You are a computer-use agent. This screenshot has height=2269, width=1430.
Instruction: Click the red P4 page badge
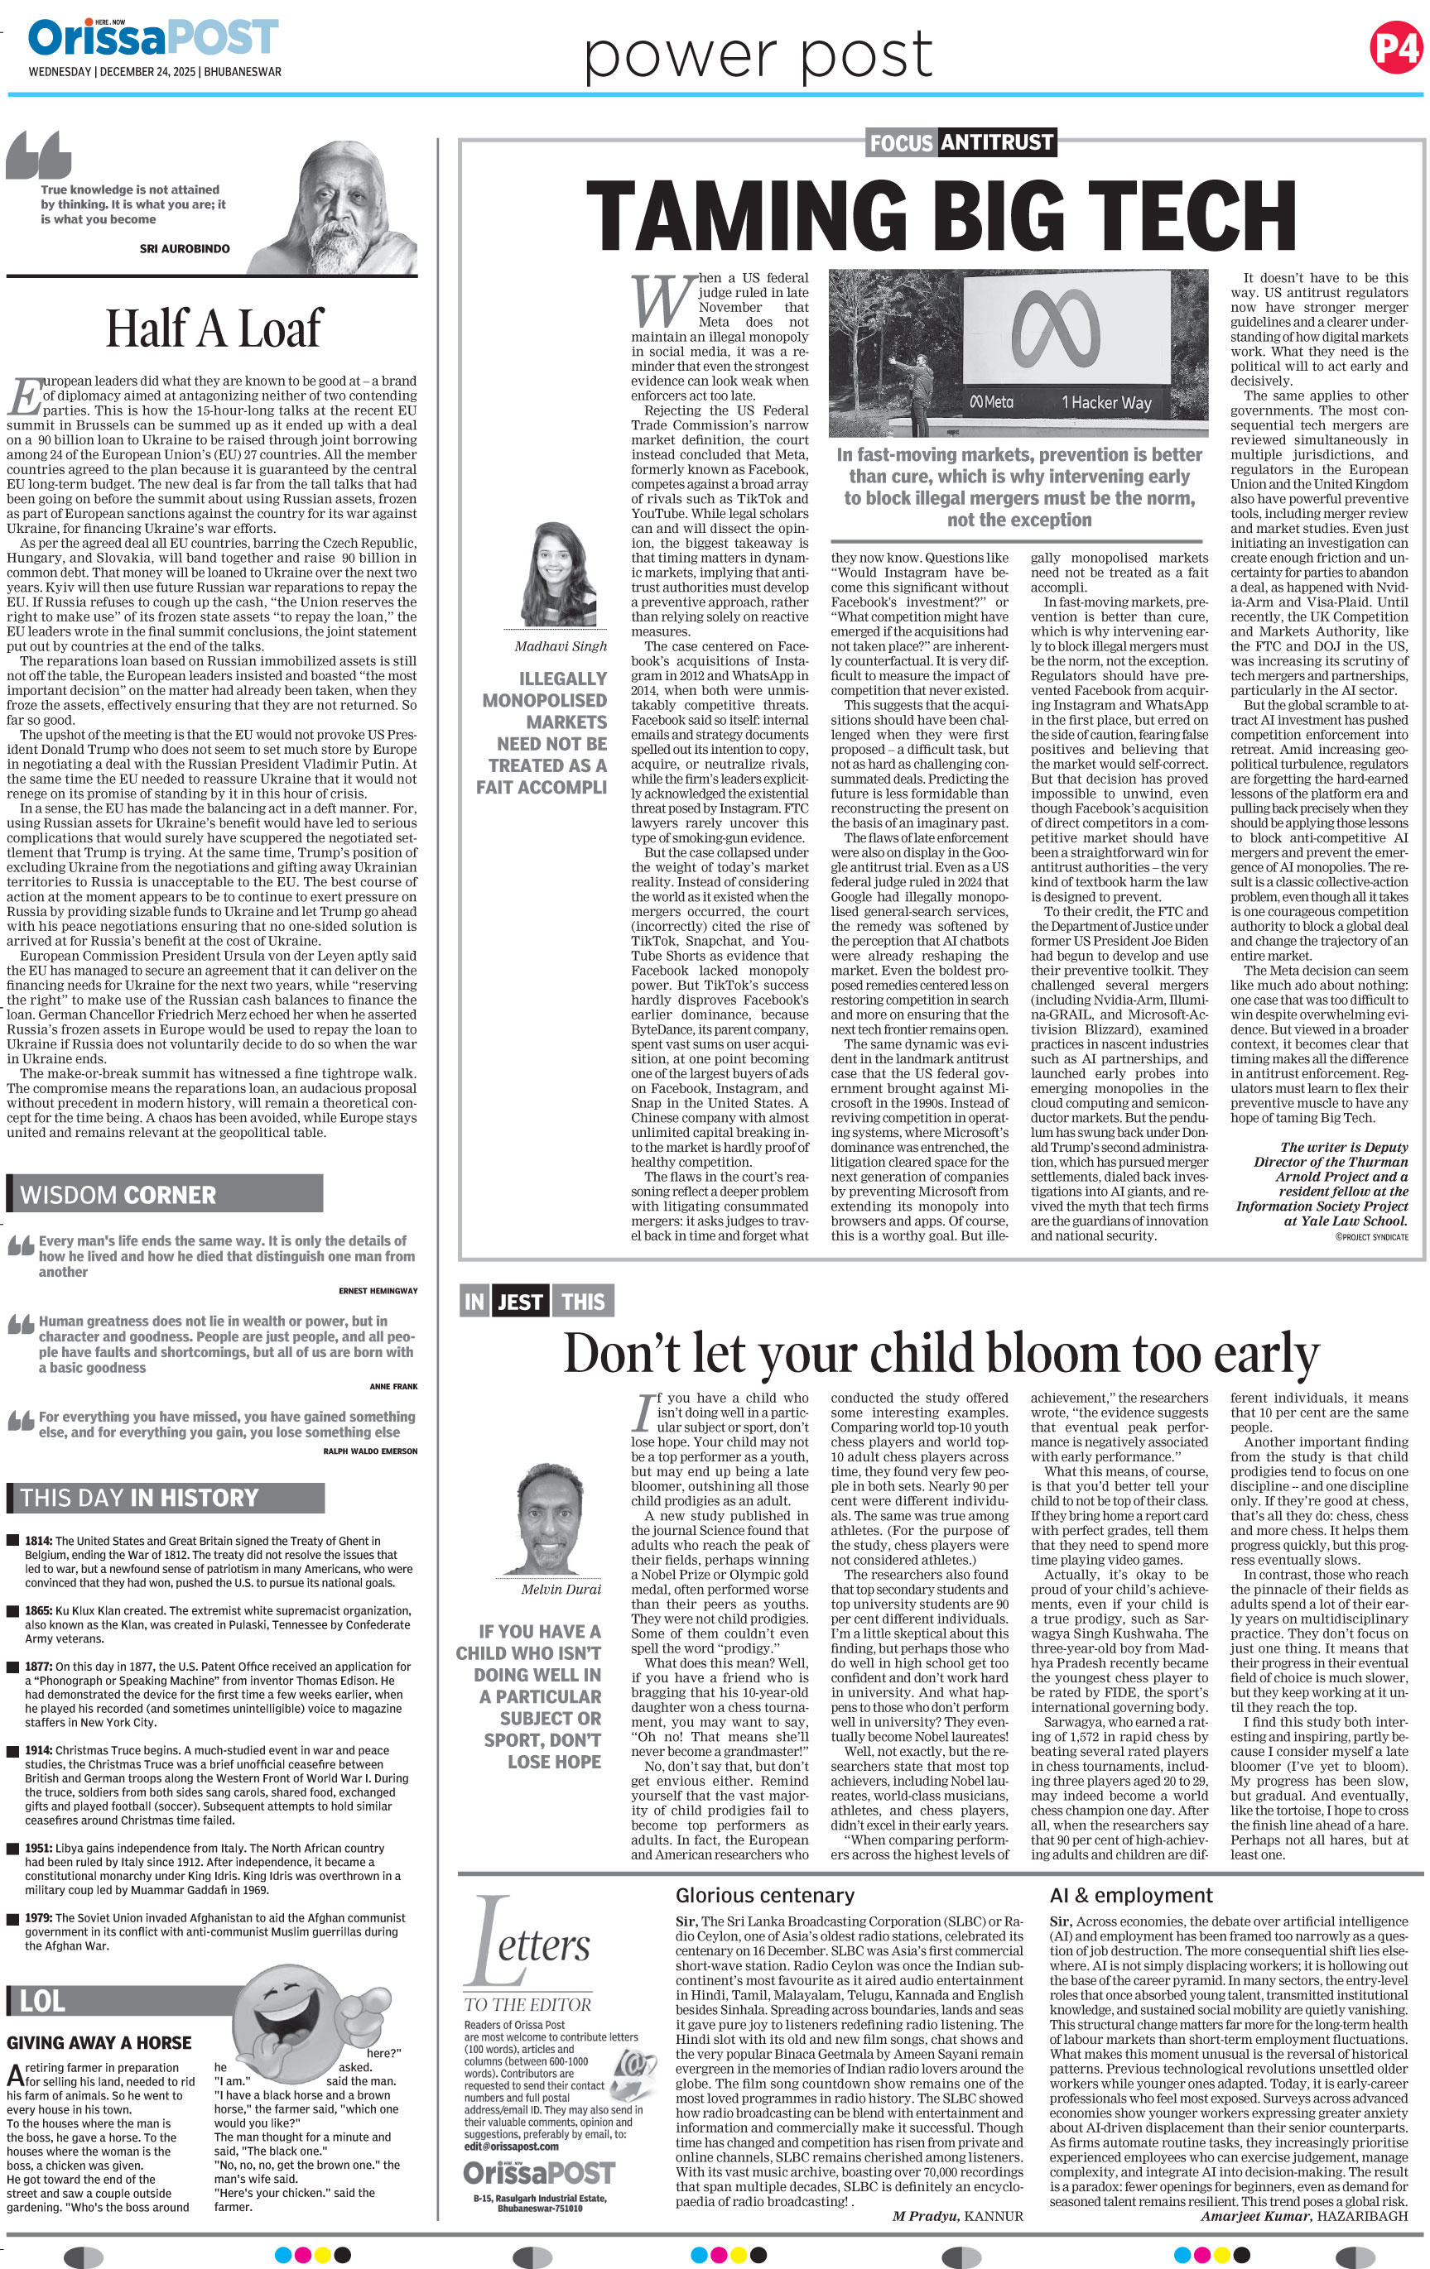[1396, 47]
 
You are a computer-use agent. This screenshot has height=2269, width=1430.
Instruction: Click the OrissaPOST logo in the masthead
[152, 39]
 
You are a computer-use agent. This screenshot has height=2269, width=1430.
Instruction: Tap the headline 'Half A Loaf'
[213, 329]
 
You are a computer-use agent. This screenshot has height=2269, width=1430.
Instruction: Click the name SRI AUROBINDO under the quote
[184, 249]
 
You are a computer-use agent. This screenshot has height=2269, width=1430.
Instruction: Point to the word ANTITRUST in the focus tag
[995, 142]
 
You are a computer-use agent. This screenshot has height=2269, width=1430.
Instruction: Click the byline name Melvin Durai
[561, 1589]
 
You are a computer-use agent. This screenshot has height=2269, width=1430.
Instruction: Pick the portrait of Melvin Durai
[559, 1518]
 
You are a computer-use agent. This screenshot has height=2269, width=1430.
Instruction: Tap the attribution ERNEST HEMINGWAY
[377, 1290]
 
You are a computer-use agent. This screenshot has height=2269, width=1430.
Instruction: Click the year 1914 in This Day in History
[39, 1750]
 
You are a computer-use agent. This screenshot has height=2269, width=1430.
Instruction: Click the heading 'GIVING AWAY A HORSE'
[99, 2042]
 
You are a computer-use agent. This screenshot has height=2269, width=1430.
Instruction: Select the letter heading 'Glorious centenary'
[764, 1895]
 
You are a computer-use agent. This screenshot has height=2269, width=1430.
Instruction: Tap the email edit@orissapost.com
[511, 2146]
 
